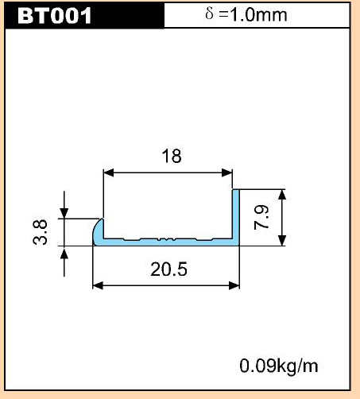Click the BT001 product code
pyautogui.click(x=55, y=16)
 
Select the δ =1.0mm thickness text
pyautogui.click(x=246, y=14)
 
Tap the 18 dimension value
pyautogui.click(x=172, y=156)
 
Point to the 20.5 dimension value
pyautogui.click(x=168, y=269)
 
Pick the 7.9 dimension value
pyautogui.click(x=261, y=217)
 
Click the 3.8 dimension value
pyautogui.click(x=40, y=232)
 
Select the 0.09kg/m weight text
pyautogui.click(x=279, y=366)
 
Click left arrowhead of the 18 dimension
pyautogui.click(x=108, y=172)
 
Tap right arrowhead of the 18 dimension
pyautogui.click(x=227, y=172)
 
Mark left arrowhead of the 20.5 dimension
pyautogui.click(x=98, y=285)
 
